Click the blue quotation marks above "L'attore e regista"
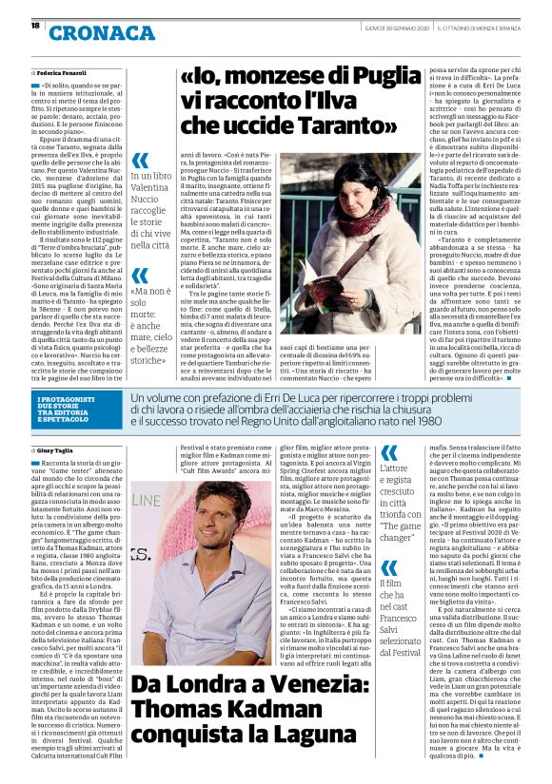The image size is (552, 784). tap(390, 450)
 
